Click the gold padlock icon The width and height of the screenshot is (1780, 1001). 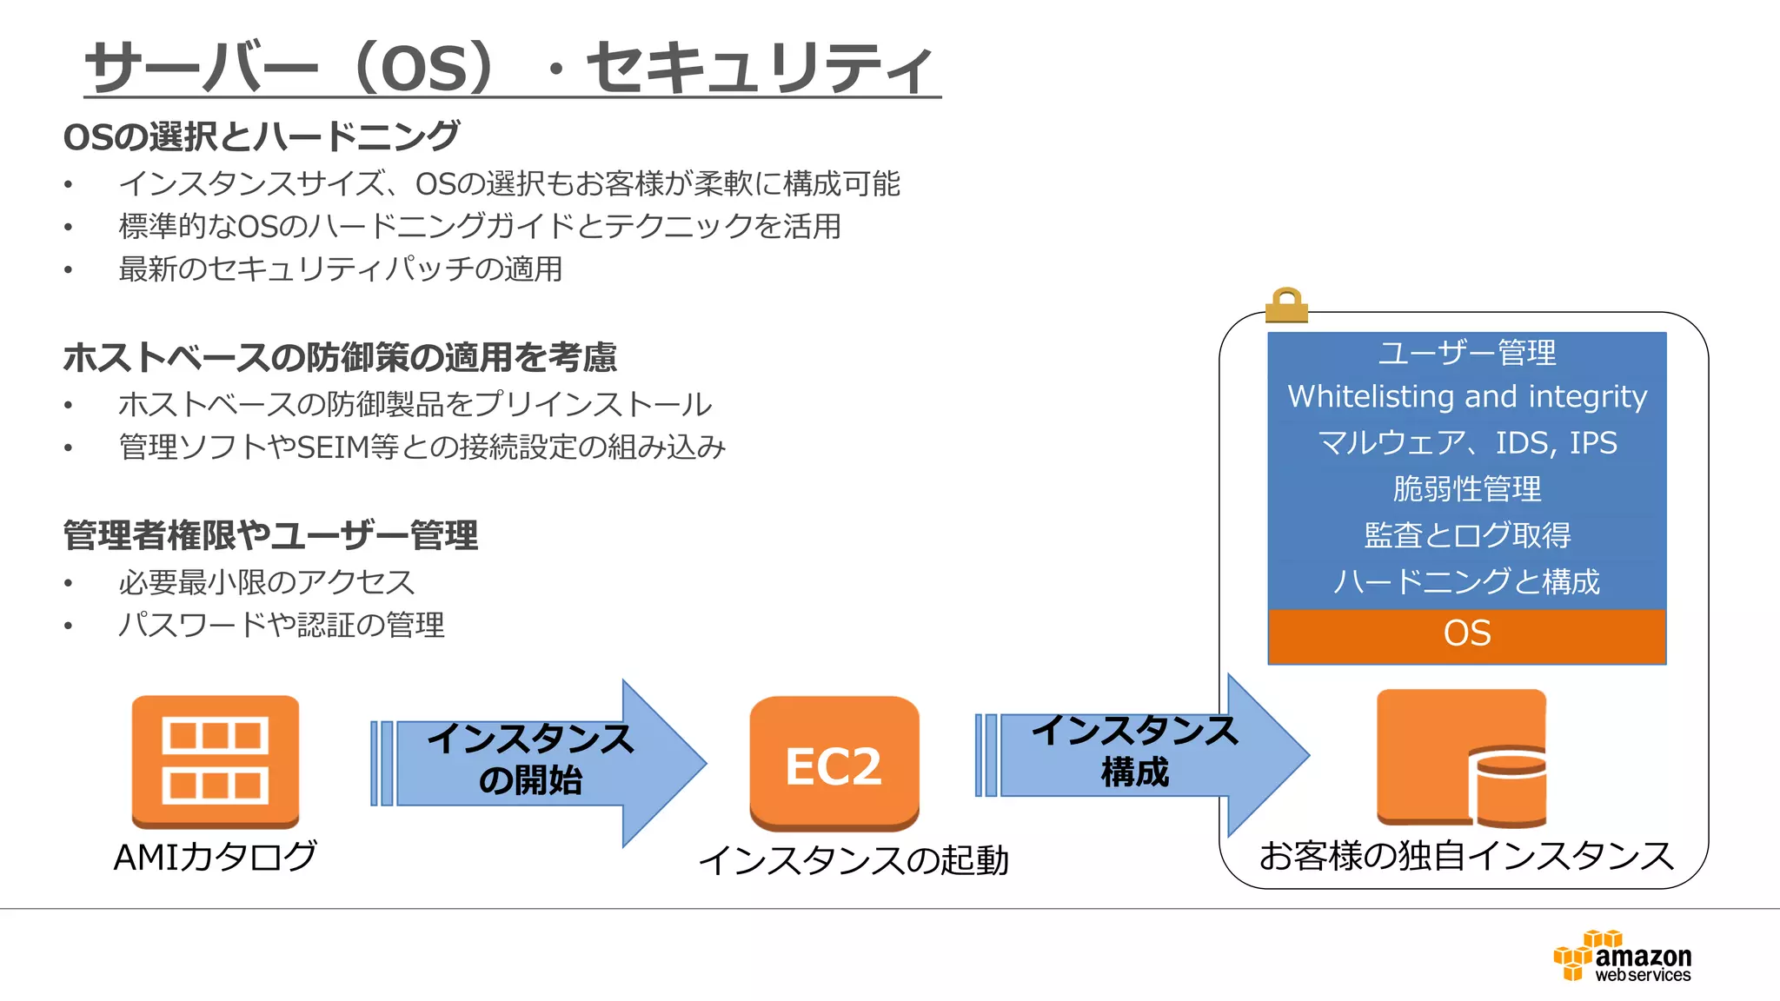[1286, 305]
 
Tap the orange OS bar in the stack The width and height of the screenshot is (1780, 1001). [1466, 633]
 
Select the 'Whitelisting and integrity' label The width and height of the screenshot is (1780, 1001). [1466, 397]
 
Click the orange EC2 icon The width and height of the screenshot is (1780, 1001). [834, 763]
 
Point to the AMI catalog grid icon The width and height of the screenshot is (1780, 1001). [215, 760]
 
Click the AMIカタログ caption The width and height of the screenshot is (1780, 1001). [215, 857]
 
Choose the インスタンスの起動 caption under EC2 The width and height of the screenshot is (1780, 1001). [853, 860]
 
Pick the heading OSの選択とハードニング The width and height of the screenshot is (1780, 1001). [261, 136]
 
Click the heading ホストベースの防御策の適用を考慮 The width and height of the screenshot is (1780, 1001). [340, 357]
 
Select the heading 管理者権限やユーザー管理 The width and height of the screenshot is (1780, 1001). [270, 535]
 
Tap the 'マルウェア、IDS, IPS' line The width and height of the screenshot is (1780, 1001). [1466, 443]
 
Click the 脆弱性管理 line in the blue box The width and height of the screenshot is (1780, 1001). [1466, 489]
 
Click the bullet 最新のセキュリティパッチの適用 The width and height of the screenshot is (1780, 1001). [340, 269]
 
